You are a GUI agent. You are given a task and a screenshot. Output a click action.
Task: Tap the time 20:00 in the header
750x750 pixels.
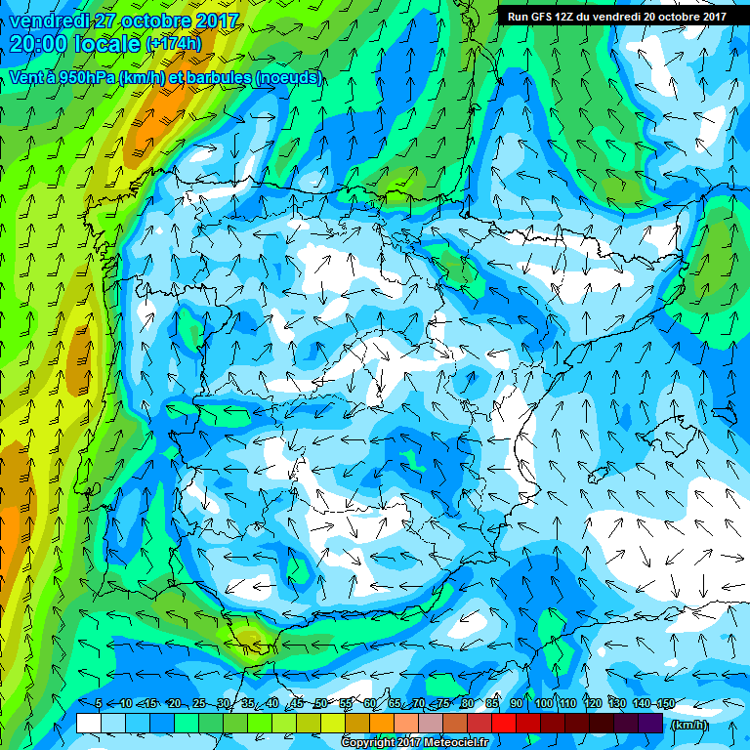click(x=39, y=44)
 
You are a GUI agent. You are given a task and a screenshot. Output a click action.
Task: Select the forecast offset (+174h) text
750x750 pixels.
click(x=174, y=45)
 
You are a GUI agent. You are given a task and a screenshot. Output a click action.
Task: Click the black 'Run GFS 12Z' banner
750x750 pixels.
click(x=616, y=16)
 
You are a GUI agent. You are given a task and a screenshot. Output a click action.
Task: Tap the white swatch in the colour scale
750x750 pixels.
click(x=89, y=724)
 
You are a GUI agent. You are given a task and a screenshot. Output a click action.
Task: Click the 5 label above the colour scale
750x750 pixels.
click(x=100, y=704)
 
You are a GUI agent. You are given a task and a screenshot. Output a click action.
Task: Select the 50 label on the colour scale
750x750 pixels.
click(x=320, y=704)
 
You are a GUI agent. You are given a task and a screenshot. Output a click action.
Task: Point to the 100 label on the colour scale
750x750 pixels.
click(x=544, y=704)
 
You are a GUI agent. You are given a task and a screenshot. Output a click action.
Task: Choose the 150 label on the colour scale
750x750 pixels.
click(x=664, y=704)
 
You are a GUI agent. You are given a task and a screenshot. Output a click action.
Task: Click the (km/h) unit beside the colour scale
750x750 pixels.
click(x=689, y=724)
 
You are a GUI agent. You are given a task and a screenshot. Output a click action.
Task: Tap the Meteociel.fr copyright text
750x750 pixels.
click(x=414, y=743)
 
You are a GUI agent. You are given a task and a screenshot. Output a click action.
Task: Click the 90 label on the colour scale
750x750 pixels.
click(x=517, y=704)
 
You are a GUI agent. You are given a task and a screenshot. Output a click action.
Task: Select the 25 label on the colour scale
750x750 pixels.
click(x=198, y=704)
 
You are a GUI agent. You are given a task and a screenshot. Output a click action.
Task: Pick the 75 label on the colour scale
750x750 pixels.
click(x=442, y=704)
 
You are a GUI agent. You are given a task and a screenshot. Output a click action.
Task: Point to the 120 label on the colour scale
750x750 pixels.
click(x=593, y=704)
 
